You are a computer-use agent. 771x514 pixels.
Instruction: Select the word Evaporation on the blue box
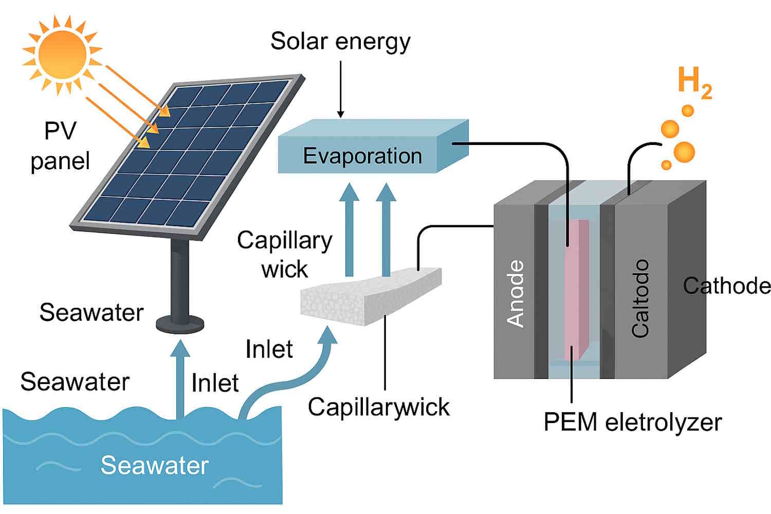(x=362, y=156)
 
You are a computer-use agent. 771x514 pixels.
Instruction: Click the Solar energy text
(x=340, y=41)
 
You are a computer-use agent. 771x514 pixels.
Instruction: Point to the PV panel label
(x=60, y=146)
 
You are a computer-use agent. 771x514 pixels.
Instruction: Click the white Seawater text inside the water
(x=154, y=465)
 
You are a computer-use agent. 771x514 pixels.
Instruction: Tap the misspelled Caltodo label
(x=640, y=298)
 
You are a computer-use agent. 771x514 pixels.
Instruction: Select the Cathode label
(x=727, y=286)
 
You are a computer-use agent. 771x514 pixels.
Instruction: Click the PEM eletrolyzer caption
(x=632, y=423)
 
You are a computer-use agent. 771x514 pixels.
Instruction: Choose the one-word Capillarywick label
(x=378, y=407)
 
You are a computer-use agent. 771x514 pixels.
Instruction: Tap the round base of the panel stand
(x=180, y=324)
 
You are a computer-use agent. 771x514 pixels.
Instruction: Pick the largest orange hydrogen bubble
(x=684, y=152)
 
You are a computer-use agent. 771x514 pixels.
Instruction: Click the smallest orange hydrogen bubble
(x=666, y=165)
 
